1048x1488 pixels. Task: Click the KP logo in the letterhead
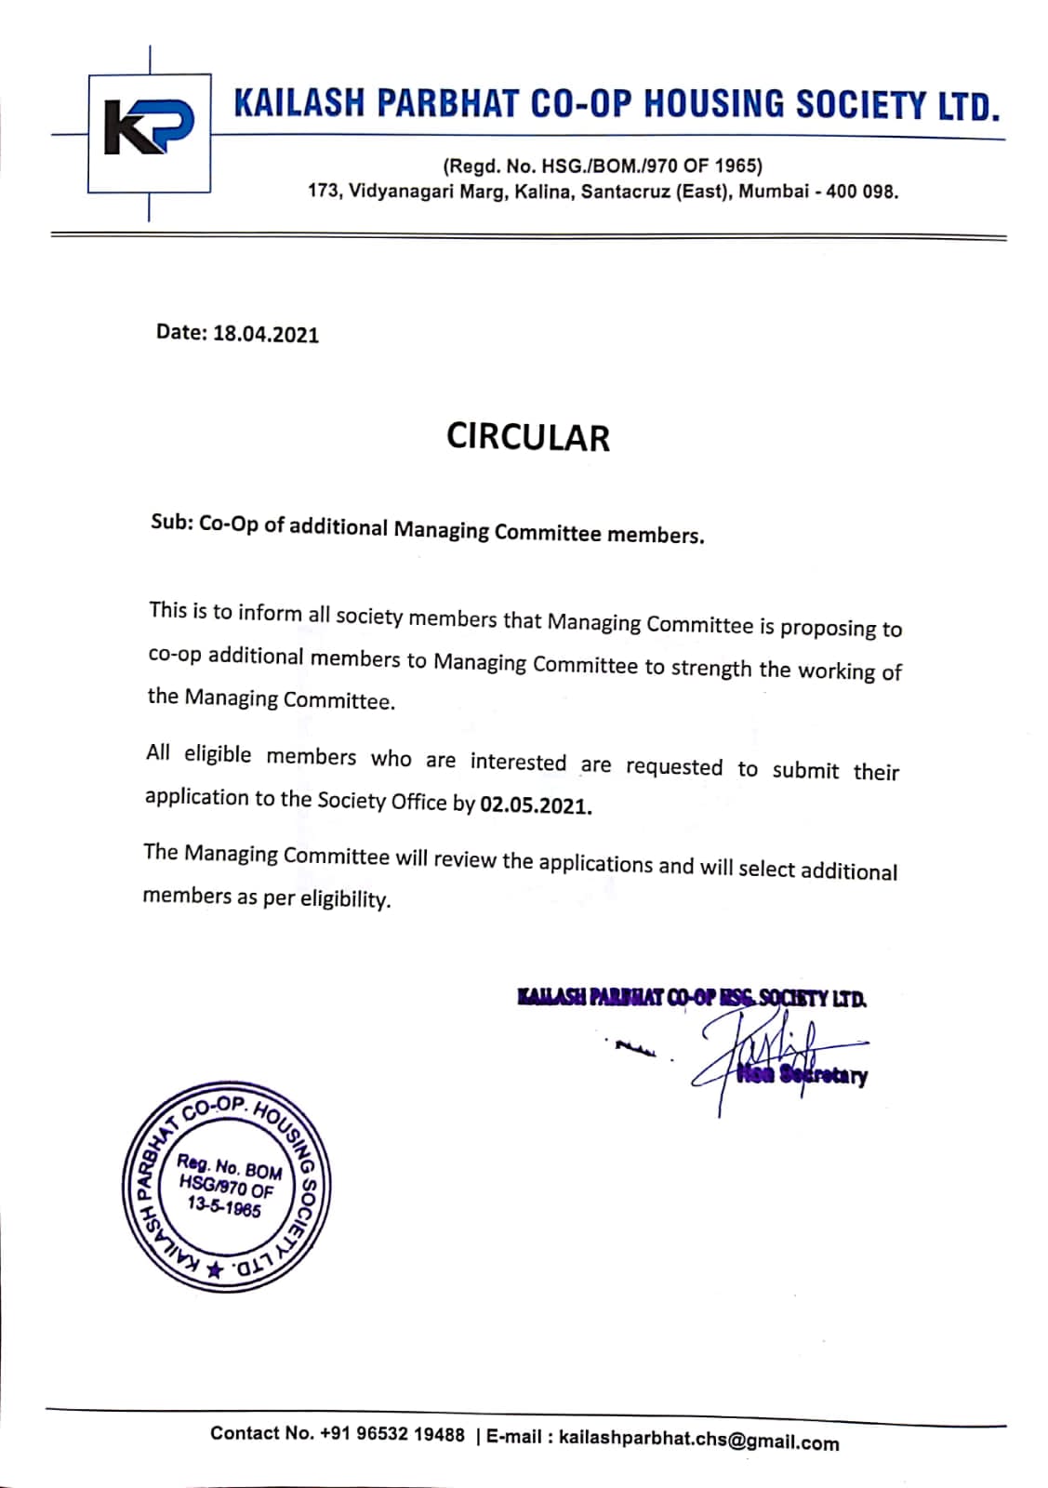pos(149,133)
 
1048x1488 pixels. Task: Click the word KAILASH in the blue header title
pos(297,103)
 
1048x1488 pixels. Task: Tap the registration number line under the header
pos(603,166)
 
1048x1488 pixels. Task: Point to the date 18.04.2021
pos(266,335)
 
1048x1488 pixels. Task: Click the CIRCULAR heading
pos(527,437)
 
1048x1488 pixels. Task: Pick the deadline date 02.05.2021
pos(536,804)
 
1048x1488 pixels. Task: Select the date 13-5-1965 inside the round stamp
pos(223,1206)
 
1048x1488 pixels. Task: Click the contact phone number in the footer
pos(391,1434)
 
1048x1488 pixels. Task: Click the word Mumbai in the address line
pos(773,193)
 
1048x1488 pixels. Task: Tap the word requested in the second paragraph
pos(674,767)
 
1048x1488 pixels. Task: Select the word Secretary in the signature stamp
pos(823,1076)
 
